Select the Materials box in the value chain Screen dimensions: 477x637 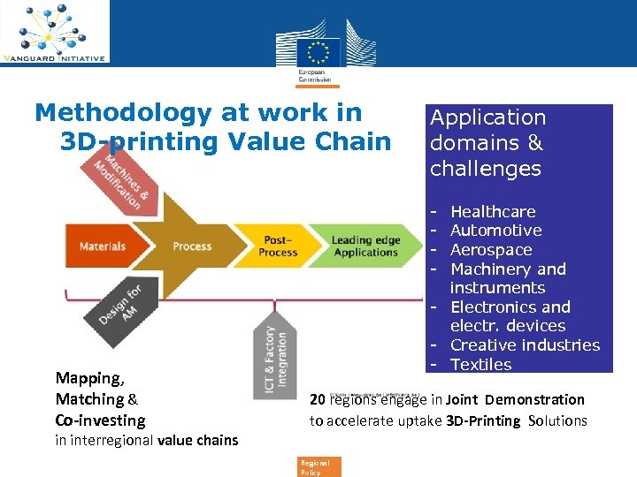coord(102,246)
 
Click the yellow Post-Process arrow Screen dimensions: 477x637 coord(278,246)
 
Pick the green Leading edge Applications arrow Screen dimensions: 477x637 coord(365,246)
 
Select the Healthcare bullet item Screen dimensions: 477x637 coord(493,212)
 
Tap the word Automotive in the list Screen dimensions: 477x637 coord(495,231)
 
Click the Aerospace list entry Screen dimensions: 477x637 coord(491,250)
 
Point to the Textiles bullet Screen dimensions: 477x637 coord(480,365)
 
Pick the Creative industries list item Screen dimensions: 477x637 coord(525,345)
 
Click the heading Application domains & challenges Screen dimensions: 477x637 coord(487,143)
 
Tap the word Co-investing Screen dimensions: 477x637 coord(100,420)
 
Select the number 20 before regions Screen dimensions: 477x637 coord(318,399)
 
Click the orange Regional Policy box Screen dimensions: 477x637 coord(315,467)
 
